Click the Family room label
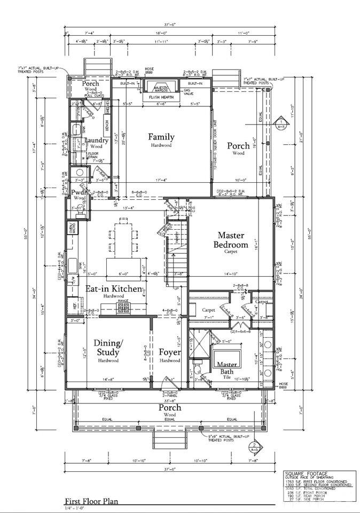point(161,137)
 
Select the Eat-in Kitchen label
point(114,289)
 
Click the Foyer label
point(170,353)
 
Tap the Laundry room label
point(96,141)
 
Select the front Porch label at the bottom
point(170,408)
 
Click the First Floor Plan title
point(91,501)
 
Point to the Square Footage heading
point(302,473)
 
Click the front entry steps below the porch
point(170,441)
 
